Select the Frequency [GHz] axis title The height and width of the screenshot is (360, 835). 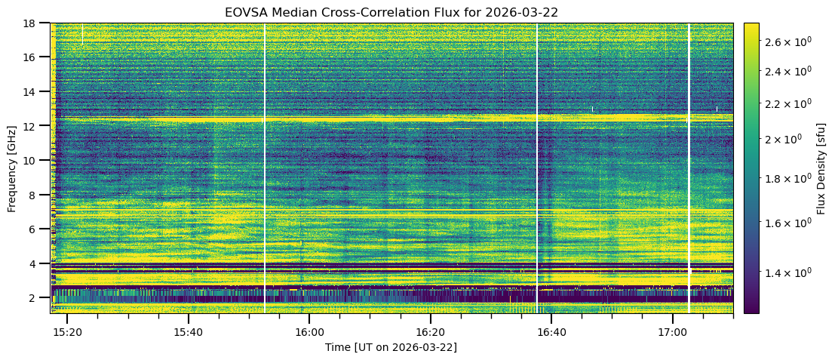tap(12, 168)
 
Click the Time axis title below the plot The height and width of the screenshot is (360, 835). tap(391, 347)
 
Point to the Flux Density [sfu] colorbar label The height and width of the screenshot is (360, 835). tap(820, 168)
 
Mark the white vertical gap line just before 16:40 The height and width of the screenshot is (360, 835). tap(537, 168)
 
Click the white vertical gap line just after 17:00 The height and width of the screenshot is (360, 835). tap(689, 168)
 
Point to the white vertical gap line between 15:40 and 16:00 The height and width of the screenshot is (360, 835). tap(264, 168)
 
